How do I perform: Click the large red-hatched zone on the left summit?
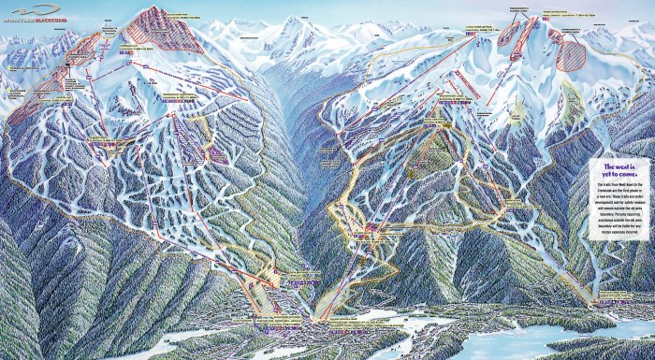pos(169,33)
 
